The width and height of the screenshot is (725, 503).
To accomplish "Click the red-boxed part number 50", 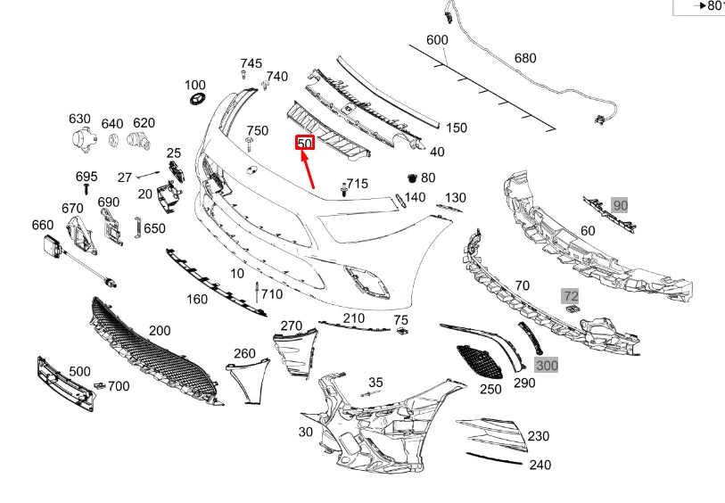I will tap(304, 143).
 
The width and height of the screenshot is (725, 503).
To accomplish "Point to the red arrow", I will tap(309, 169).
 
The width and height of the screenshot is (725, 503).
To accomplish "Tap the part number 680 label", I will tap(525, 59).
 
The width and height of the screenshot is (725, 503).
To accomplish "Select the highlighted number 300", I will tap(546, 365).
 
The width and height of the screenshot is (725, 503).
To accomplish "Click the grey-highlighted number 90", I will tap(620, 206).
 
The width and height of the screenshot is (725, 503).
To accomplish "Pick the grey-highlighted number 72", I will tap(570, 294).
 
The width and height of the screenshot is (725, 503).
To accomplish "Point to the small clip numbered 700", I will tap(100, 385).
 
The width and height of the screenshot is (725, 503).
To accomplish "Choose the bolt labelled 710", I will tap(256, 293).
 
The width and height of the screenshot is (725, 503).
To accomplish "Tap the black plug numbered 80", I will tap(412, 177).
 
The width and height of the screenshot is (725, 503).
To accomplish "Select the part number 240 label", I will tap(540, 464).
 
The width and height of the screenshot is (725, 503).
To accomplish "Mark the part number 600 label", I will tap(437, 40).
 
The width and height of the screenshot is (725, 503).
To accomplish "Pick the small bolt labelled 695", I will tap(86, 188).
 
